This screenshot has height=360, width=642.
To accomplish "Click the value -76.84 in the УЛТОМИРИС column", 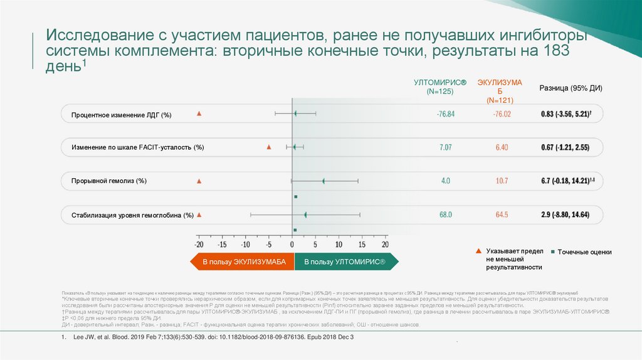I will (445, 114).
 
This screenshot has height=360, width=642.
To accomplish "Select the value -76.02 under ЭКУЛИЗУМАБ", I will (502, 114).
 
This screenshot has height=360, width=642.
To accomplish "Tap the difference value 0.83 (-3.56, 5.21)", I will (566, 114).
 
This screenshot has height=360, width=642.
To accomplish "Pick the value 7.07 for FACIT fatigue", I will (445, 147).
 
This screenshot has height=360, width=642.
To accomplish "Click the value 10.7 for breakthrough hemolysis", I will (502, 181).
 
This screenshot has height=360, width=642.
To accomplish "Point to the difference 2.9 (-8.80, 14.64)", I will (565, 215).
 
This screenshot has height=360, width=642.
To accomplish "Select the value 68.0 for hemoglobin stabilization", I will (445, 215).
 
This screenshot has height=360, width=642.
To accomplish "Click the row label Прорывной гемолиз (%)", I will (109, 181).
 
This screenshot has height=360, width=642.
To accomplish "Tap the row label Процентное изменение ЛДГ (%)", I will (121, 115).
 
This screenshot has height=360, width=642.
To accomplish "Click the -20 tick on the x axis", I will (199, 244).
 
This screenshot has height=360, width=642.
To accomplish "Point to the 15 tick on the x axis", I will (362, 244).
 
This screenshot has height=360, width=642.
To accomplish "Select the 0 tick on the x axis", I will (292, 244).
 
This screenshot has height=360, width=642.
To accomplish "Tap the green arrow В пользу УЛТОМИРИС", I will (344, 262).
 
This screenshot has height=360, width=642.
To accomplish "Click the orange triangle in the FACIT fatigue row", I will (268, 147).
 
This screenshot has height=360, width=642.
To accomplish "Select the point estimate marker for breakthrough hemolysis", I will (324, 181).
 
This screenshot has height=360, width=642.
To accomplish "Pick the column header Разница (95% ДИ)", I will (571, 88).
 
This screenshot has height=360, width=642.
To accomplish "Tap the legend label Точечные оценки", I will (584, 252).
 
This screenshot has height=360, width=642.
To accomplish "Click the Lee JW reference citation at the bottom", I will (208, 337).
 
